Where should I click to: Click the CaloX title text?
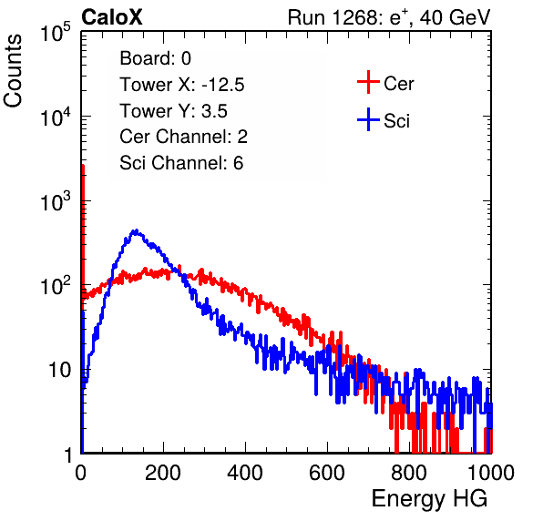coord(112,17)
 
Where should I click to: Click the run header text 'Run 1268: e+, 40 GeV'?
coord(389,17)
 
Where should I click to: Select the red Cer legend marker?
coord(368,82)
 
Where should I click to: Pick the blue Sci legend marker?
coord(368,119)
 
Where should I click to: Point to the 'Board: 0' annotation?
coord(155,58)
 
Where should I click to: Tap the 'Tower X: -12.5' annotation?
coord(182,85)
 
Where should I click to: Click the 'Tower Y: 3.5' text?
coord(173,111)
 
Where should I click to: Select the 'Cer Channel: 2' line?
coord(183,137)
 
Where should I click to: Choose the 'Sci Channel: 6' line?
coord(181,163)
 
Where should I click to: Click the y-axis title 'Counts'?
coord(13,71)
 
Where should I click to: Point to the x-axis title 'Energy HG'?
coord(429,499)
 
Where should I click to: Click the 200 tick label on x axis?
coord(163,473)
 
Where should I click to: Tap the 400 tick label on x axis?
coord(245,473)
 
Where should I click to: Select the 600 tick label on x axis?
coord(327,473)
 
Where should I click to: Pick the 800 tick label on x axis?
coord(409,473)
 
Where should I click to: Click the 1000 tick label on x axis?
coord(491,473)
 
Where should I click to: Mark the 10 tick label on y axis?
coord(60,370)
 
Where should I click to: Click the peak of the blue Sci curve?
coord(136,230)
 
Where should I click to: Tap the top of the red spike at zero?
coord(83,166)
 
